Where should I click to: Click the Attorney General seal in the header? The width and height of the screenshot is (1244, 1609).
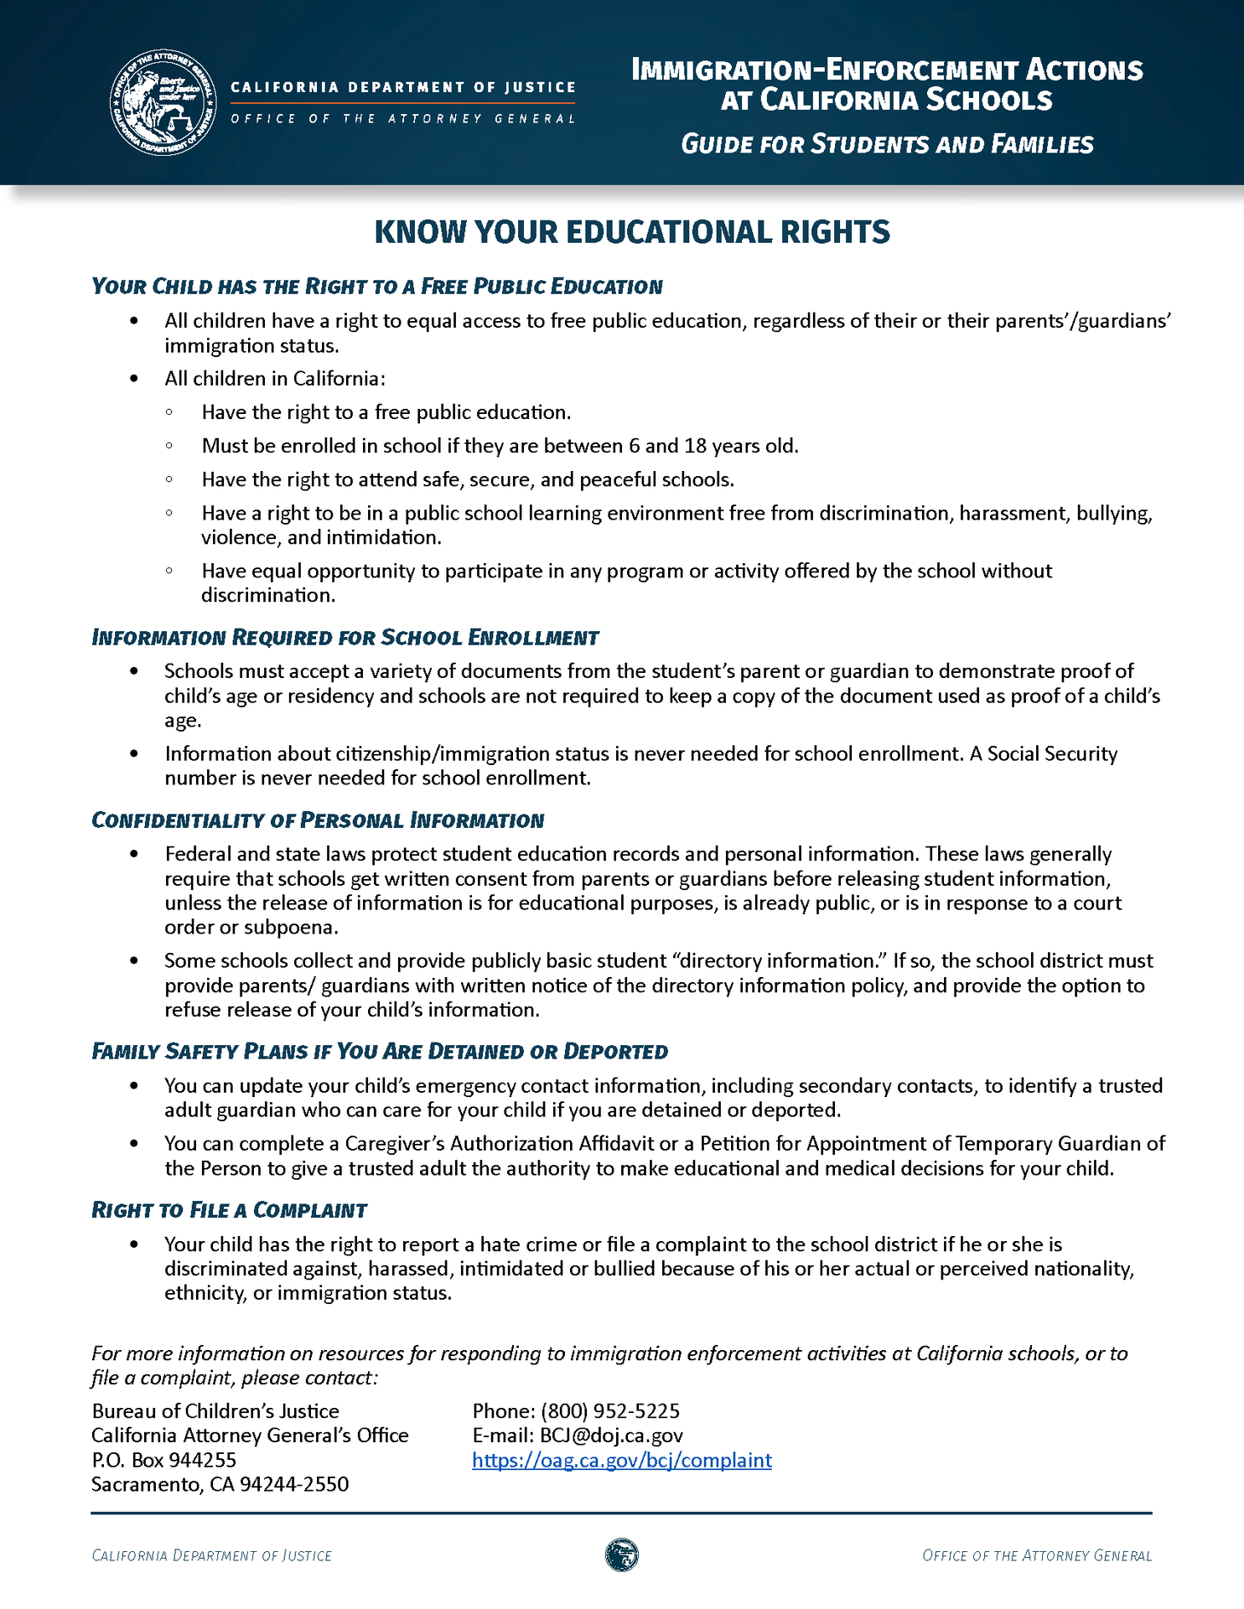163,103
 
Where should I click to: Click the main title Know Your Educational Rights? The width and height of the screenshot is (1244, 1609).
631,232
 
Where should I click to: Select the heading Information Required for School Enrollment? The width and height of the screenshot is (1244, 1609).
345,638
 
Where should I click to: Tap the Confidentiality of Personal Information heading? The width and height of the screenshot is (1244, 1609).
318,820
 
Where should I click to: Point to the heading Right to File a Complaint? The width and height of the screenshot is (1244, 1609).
229,1210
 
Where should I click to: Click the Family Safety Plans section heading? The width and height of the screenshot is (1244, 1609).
379,1052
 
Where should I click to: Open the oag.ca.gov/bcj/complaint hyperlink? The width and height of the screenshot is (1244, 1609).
621,1460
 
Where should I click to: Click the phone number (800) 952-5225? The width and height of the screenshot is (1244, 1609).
609,1411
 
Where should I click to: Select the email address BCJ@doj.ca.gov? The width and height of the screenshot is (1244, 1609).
611,1436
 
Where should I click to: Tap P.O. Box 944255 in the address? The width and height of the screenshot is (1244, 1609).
163,1460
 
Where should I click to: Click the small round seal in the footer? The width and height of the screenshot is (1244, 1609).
621,1555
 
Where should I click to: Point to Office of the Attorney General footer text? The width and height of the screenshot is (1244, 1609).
1036,1556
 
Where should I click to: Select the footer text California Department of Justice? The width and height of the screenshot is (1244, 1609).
211,1556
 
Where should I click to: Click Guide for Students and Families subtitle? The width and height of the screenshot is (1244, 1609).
887,144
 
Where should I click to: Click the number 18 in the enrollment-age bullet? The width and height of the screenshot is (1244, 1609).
695,446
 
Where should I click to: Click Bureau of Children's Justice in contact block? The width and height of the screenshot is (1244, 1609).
215,1411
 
